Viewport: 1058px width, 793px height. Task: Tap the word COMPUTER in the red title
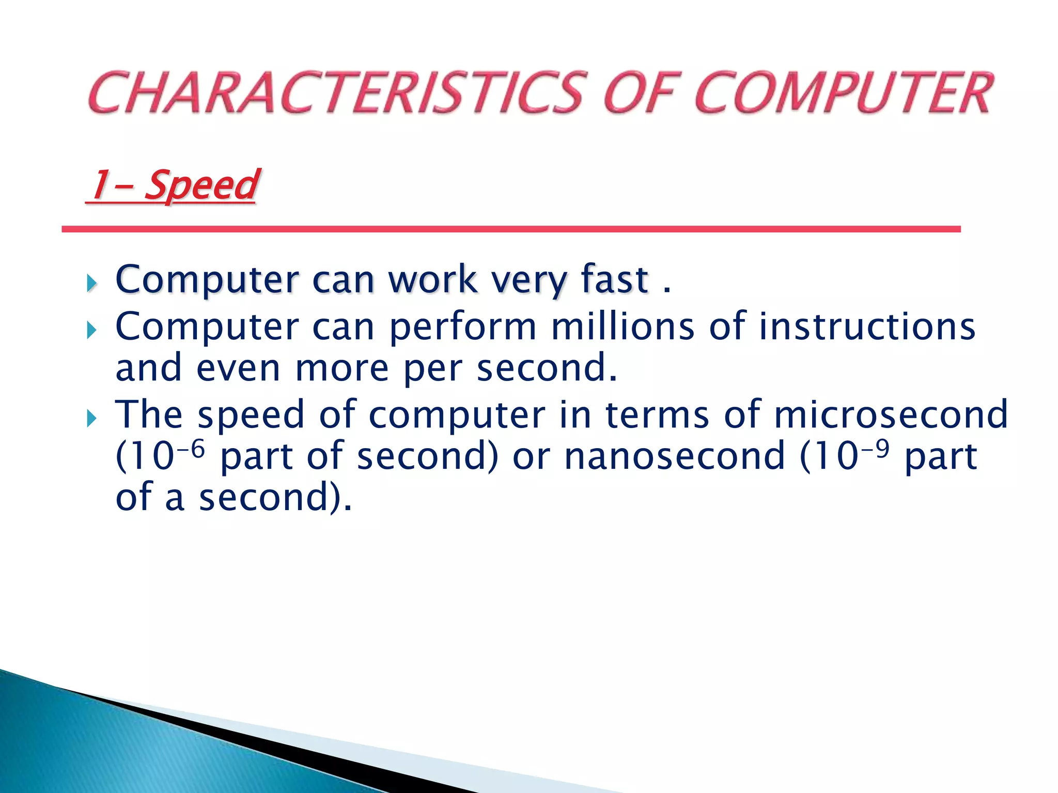(842, 93)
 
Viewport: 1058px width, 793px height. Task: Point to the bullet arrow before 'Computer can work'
(92, 283)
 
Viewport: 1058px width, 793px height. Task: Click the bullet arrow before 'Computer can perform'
(92, 330)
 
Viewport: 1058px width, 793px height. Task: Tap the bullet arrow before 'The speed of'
(92, 418)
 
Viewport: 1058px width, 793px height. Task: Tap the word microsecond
(891, 414)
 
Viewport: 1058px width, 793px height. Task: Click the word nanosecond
(675, 456)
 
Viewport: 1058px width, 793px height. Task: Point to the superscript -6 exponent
(192, 448)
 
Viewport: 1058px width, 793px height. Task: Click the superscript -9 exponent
(875, 448)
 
